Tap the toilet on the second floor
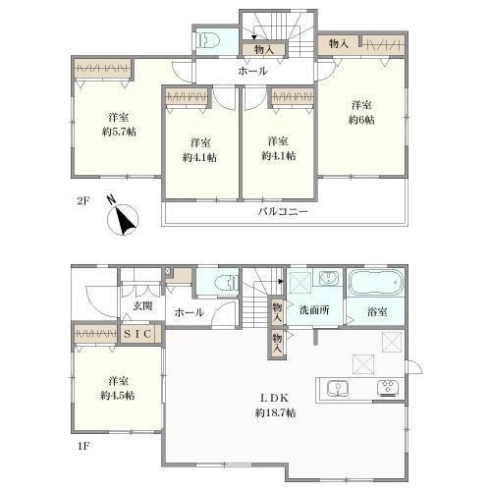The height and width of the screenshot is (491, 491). pyautogui.click(x=208, y=41)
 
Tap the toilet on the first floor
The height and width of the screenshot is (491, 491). pyautogui.click(x=227, y=283)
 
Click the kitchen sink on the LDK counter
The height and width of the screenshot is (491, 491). pyautogui.click(x=338, y=389)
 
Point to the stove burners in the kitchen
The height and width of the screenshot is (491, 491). pyautogui.click(x=388, y=388)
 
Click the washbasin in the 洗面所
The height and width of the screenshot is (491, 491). pyautogui.click(x=328, y=278)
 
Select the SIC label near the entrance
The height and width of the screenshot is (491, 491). pyautogui.click(x=137, y=334)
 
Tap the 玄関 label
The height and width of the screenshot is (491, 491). pyautogui.click(x=142, y=305)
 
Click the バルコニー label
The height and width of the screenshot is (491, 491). pyautogui.click(x=283, y=211)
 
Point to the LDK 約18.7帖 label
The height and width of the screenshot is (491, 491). pyautogui.click(x=275, y=406)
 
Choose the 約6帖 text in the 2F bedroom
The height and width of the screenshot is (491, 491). pyautogui.click(x=361, y=120)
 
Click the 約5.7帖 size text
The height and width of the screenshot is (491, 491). pyautogui.click(x=119, y=132)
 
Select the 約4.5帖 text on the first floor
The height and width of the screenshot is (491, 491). pyautogui.click(x=118, y=396)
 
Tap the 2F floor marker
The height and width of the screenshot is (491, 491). pyautogui.click(x=83, y=200)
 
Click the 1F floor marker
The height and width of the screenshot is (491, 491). pyautogui.click(x=83, y=446)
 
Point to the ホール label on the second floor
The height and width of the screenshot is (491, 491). pyautogui.click(x=252, y=71)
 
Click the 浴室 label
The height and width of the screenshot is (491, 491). pyautogui.click(x=377, y=311)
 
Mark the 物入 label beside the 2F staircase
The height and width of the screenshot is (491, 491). pyautogui.click(x=264, y=49)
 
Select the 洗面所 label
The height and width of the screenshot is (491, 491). pyautogui.click(x=314, y=310)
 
